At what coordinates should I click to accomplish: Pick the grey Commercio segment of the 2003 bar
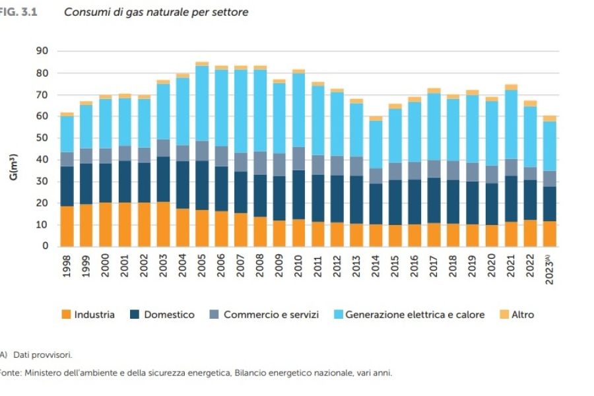coord(164,148)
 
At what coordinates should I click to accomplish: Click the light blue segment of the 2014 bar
coord(376,145)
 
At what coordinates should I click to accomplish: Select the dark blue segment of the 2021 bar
coord(511,199)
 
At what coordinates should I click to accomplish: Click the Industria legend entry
coord(88,315)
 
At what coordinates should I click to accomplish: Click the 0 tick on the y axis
coord(46,246)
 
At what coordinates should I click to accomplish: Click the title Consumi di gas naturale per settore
coord(156,13)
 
